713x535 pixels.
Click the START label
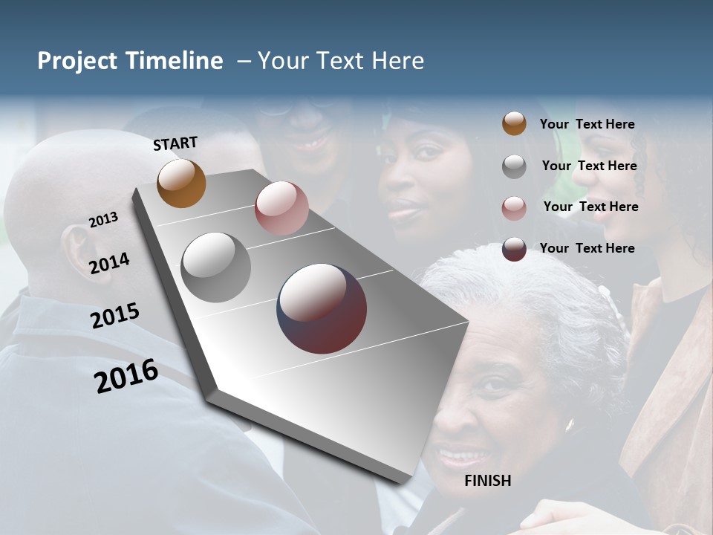[x=175, y=143]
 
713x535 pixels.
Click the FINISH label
[x=487, y=481]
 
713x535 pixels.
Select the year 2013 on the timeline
[x=104, y=220]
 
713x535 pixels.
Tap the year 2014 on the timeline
[x=110, y=263]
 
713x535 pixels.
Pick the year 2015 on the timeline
[x=115, y=316]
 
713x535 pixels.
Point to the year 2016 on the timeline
[x=126, y=376]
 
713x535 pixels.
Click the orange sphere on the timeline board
[x=181, y=183]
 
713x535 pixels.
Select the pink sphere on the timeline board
[x=281, y=208]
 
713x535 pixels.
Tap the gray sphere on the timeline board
[x=215, y=267]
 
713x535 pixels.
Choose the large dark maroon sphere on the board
[x=322, y=308]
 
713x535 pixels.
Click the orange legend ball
[x=514, y=123]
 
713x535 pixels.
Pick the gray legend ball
[x=514, y=166]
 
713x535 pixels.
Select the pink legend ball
[x=514, y=208]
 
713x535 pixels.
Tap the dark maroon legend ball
[x=514, y=249]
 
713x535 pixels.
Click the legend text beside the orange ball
[x=587, y=124]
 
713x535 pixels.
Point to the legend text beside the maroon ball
[x=587, y=248]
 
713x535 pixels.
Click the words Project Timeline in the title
[x=130, y=61]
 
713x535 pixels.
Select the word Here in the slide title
[x=396, y=61]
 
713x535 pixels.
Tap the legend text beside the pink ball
[x=590, y=207]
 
